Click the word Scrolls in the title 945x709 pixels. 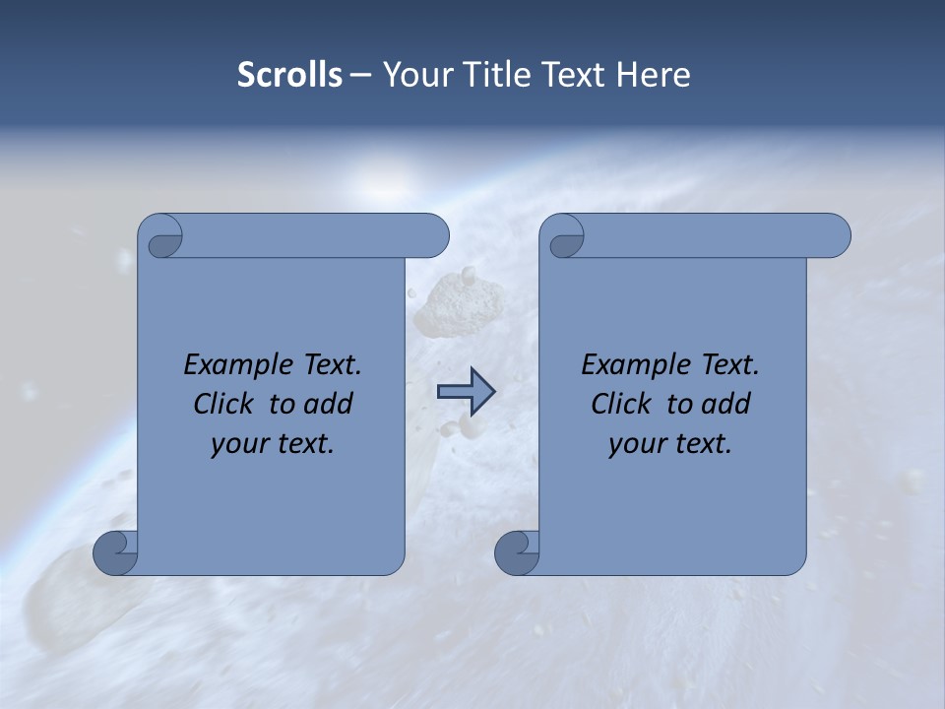point(289,75)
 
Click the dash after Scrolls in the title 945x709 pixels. point(360,75)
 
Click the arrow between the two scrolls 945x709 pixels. point(466,392)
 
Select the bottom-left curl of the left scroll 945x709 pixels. point(115,551)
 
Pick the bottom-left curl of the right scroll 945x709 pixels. point(517,551)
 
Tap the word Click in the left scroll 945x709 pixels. point(222,404)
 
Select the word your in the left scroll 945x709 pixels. point(239,444)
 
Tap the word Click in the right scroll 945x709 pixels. point(620,404)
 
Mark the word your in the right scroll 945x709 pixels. point(637,444)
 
